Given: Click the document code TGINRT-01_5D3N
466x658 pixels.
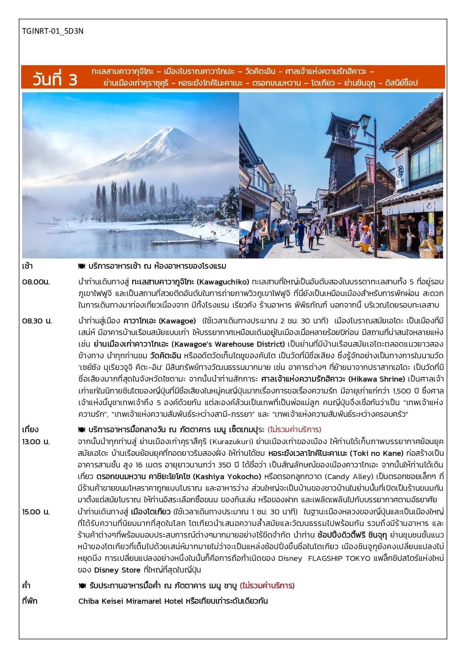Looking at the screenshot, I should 53,31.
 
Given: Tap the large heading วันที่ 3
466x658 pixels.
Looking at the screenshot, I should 55,79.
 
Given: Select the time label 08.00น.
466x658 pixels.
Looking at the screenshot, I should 36,282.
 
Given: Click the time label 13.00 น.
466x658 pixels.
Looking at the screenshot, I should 36,442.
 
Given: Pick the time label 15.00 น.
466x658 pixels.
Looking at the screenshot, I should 36,512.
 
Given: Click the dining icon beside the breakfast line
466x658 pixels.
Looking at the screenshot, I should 82,266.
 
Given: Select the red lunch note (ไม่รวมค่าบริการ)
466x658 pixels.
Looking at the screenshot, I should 294,430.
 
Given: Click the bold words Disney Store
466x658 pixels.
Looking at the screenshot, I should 117,570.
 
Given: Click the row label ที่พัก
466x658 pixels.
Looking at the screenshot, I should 30,601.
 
